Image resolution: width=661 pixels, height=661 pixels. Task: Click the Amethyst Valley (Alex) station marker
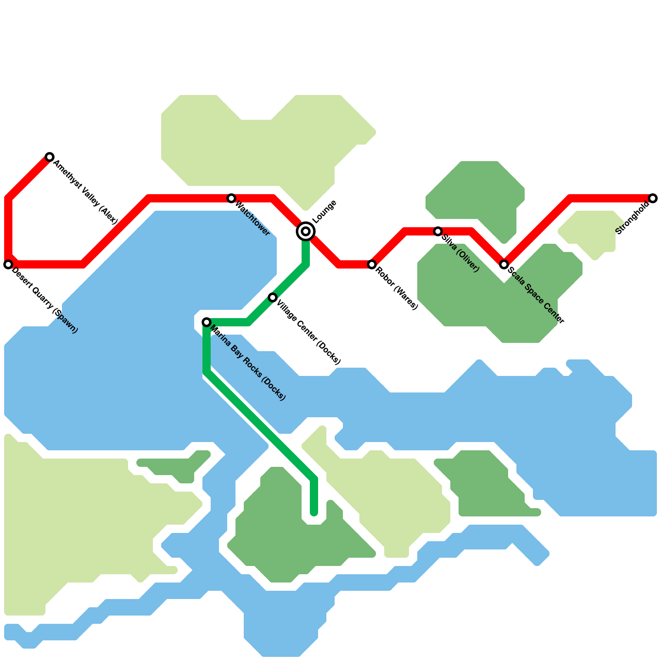coord(50,157)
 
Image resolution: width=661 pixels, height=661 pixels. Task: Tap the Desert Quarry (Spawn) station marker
coord(8,264)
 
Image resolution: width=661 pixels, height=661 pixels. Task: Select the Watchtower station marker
coord(231,198)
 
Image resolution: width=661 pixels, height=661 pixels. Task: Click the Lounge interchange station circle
coord(306,231)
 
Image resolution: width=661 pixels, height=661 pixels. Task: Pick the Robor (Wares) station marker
coord(372,264)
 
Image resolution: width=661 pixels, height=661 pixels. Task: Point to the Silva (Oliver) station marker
coord(438,231)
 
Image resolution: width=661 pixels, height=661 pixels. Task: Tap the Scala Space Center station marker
coord(504,264)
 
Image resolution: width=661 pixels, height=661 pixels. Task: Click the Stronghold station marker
coord(653,198)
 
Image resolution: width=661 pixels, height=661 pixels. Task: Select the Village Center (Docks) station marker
coord(273,297)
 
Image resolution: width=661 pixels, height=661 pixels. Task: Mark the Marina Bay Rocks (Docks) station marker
coord(207,322)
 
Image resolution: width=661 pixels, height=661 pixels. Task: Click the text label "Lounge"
coord(324,211)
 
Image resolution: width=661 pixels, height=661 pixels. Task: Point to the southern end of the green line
coord(314,513)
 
